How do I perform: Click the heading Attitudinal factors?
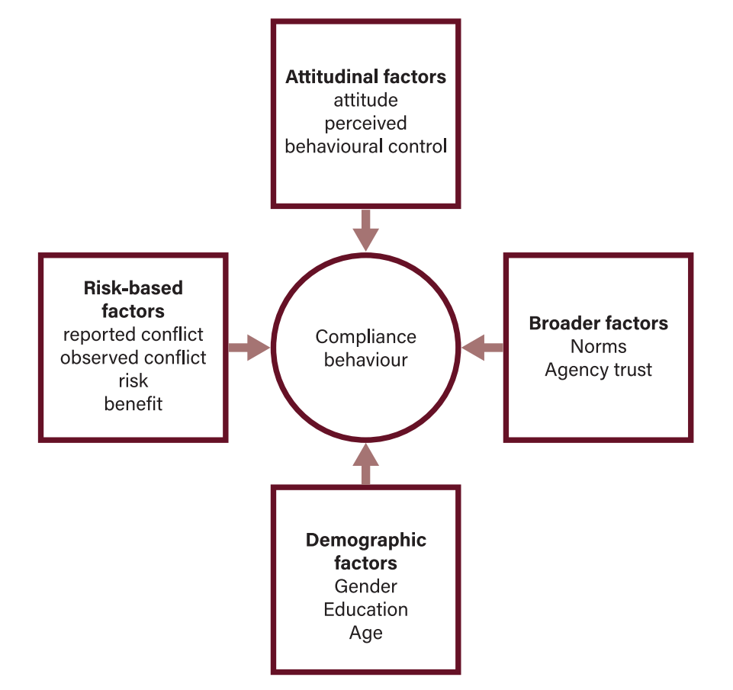(365, 77)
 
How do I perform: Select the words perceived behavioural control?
(365, 135)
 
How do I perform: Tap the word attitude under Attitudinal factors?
(365, 100)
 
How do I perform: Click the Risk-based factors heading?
(133, 299)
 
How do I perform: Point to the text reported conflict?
(133, 335)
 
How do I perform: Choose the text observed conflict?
(133, 358)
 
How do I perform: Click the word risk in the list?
(133, 380)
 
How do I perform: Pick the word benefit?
(133, 403)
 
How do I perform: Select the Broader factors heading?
(598, 323)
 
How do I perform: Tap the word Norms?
(598, 346)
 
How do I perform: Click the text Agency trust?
(598, 370)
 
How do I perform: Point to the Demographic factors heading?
(365, 551)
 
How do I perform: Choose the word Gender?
(365, 586)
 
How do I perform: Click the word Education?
(365, 609)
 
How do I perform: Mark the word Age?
(365, 633)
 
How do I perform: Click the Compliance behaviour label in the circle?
(365, 348)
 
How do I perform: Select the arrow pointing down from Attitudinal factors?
(366, 229)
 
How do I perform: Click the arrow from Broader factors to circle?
(482, 348)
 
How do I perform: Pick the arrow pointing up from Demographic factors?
(366, 464)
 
